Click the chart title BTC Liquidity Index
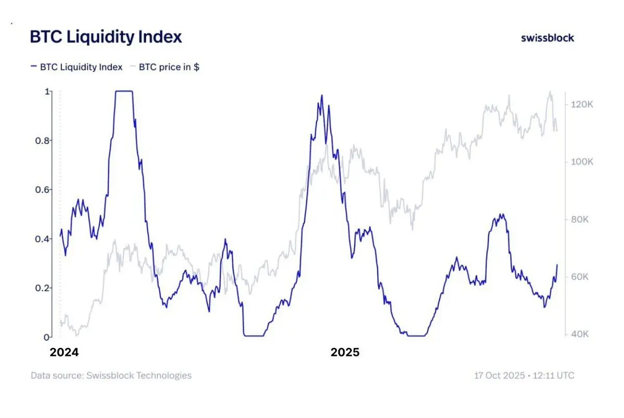106,37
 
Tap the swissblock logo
547,38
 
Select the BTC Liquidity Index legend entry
77,67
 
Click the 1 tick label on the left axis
48,92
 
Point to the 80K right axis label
579,219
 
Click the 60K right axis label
579,277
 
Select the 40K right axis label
579,334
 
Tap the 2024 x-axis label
64,352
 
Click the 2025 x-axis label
345,352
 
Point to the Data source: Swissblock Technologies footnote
111,375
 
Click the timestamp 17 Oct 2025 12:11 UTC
524,375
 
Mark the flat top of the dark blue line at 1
124,91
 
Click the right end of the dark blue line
557,265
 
